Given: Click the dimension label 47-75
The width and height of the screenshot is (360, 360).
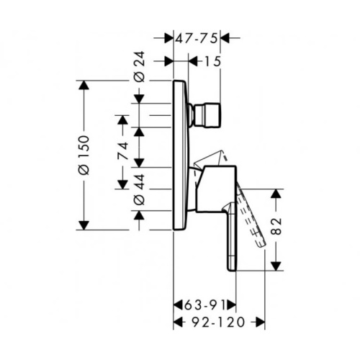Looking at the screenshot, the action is click(197, 38).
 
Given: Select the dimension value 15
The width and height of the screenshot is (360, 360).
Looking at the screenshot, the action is click(212, 62).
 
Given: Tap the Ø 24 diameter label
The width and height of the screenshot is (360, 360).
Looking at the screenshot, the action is click(140, 66).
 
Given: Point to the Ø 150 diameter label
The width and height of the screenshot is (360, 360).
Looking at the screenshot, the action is click(84, 155).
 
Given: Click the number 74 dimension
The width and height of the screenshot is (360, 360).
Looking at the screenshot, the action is click(122, 151).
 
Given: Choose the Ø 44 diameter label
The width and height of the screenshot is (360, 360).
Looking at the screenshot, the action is click(140, 189).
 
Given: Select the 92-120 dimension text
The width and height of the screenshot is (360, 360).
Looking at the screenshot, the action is click(218, 322).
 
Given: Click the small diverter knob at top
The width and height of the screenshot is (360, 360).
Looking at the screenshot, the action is click(206, 114).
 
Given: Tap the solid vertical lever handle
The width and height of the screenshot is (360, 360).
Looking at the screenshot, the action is click(231, 236).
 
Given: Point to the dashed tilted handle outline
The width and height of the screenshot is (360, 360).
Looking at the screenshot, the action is click(251, 216).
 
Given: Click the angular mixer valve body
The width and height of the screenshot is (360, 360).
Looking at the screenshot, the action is click(215, 189).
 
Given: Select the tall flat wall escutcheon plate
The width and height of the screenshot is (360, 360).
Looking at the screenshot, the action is click(181, 155).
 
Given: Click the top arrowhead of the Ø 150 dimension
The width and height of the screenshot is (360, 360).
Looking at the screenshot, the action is click(84, 85).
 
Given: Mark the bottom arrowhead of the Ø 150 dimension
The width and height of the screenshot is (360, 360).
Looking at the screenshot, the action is click(84, 225).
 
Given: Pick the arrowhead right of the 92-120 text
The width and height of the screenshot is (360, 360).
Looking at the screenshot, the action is click(261, 322).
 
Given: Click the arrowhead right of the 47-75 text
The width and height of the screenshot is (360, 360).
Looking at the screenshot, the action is click(225, 38).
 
